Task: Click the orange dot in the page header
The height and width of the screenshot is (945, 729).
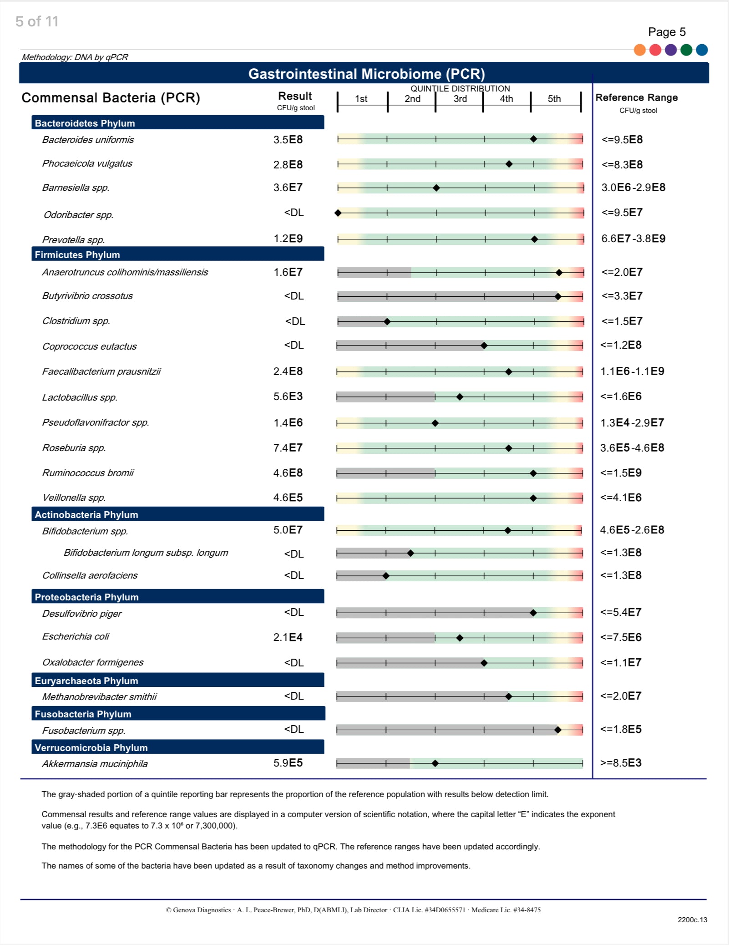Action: click(x=640, y=50)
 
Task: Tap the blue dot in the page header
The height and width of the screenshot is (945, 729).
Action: click(x=702, y=50)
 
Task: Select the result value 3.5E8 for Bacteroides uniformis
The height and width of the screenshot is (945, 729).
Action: click(x=288, y=140)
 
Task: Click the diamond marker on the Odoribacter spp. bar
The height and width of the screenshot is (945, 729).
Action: click(x=338, y=213)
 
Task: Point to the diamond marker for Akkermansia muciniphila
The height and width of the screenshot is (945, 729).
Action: click(x=435, y=763)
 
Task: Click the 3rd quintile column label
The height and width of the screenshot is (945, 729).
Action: click(x=460, y=99)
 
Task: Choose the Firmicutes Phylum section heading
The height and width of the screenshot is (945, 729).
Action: click(x=77, y=254)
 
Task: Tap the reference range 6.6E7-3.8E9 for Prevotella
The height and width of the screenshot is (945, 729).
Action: click(x=633, y=239)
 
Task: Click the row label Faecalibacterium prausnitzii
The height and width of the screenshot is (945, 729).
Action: click(x=101, y=371)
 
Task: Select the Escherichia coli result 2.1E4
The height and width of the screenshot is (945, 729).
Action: click(x=288, y=637)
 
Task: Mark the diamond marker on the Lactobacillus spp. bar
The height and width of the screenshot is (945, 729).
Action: click(x=460, y=397)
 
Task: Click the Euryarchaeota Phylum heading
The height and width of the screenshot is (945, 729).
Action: click(x=86, y=681)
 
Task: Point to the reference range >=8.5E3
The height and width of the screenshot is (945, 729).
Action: click(x=621, y=763)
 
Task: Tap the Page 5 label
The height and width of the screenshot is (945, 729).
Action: click(x=667, y=32)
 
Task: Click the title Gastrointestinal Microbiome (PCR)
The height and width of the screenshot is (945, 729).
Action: click(x=366, y=74)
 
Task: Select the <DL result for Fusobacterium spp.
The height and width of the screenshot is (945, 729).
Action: click(x=294, y=729)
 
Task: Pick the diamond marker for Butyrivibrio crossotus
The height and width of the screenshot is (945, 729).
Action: click(x=558, y=297)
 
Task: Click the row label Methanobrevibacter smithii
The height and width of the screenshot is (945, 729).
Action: click(x=99, y=697)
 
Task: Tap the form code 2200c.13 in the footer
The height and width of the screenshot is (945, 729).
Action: click(x=692, y=920)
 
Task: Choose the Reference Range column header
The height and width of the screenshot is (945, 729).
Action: click(x=636, y=97)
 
